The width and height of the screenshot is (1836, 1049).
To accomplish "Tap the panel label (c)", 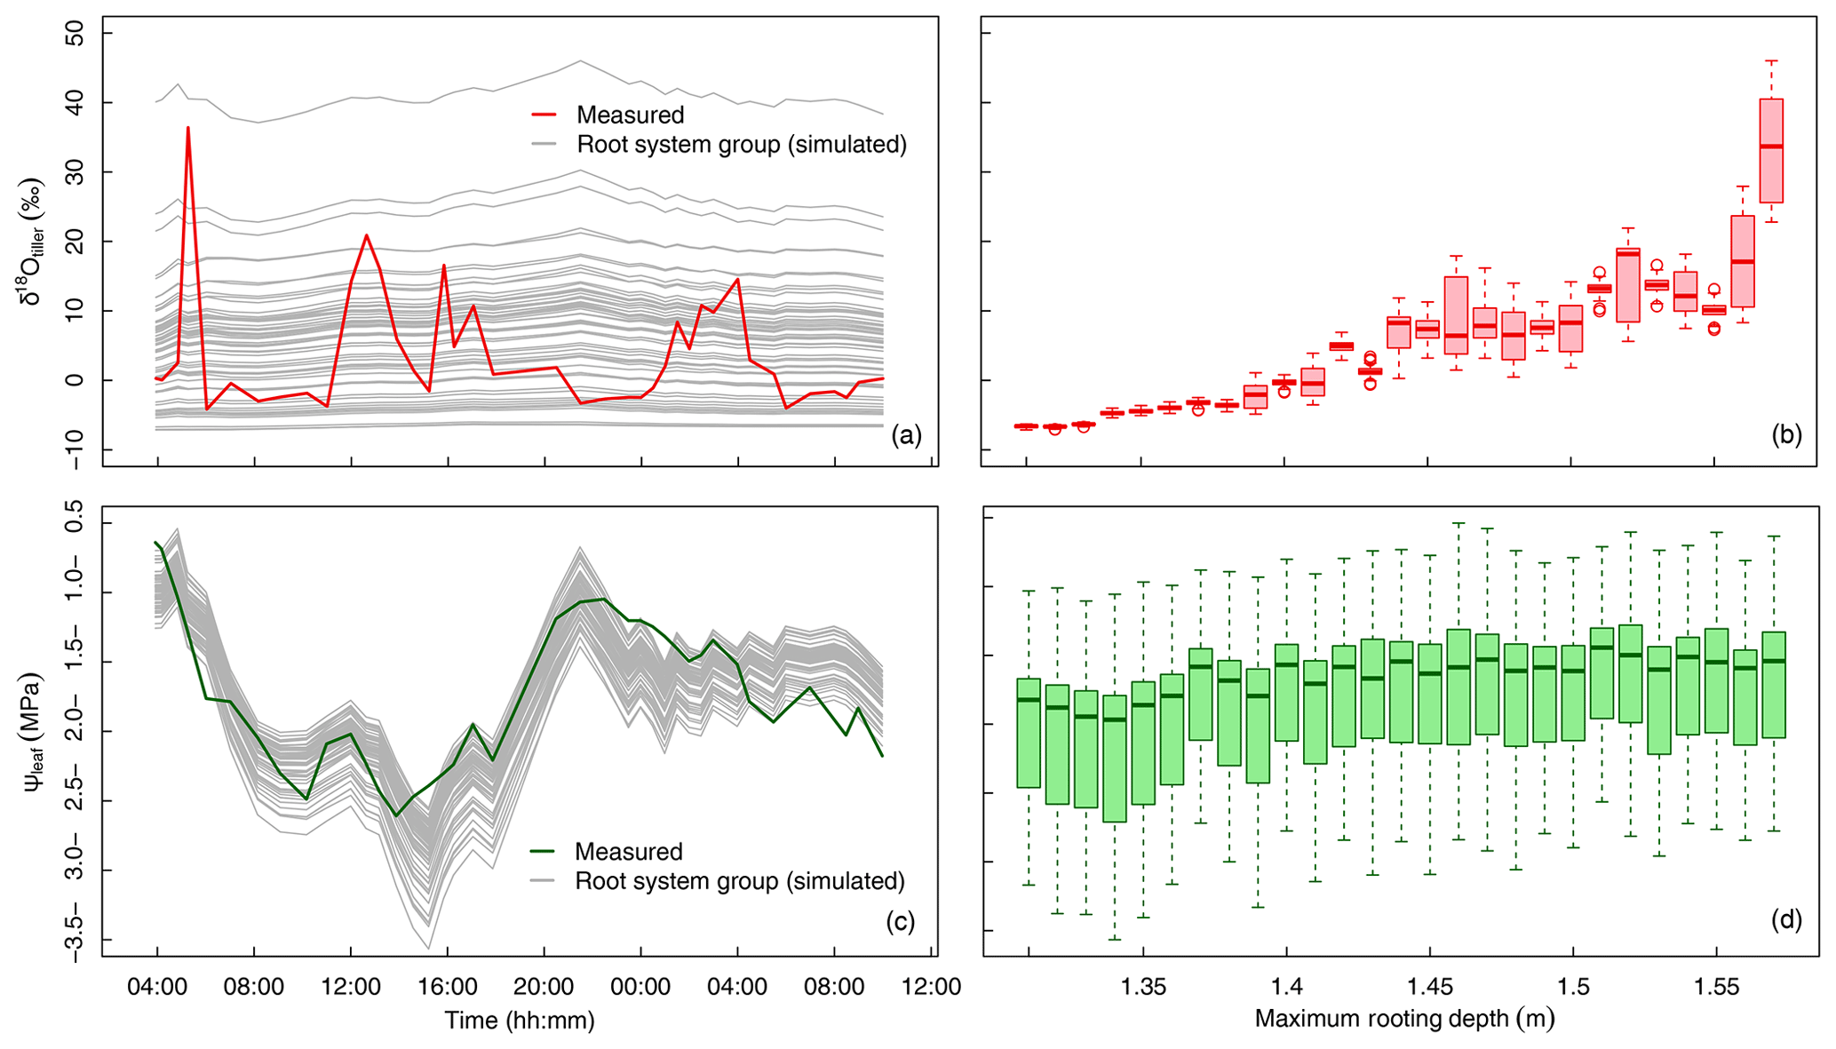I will (900, 921).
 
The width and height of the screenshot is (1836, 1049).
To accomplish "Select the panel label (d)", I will (1786, 921).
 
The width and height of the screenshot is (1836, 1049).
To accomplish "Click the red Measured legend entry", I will (630, 115).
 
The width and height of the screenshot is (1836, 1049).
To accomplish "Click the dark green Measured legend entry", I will (628, 851).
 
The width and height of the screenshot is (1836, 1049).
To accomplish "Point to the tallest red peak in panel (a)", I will (188, 128).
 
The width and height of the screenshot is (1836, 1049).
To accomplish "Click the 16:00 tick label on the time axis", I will (448, 987).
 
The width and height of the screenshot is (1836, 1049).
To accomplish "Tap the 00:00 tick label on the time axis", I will (640, 987).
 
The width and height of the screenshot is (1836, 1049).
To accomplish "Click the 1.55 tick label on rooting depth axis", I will (1716, 987).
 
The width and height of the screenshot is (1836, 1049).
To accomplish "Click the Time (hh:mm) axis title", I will (520, 1020).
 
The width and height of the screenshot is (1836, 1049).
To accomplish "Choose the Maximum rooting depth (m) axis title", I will (1404, 1018).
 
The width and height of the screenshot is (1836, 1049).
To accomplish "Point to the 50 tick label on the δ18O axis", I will (75, 34).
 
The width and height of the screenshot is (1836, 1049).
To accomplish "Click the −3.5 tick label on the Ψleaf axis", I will (75, 939).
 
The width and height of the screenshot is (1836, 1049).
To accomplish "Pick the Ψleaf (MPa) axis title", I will (33, 732).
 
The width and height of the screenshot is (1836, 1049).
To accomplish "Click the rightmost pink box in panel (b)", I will (1771, 151).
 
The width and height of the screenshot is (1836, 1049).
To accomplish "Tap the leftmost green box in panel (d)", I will (1029, 733).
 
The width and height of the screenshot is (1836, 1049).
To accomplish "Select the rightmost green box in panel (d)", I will (1774, 685).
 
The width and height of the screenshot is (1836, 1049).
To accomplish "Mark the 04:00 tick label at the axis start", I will (157, 987).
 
